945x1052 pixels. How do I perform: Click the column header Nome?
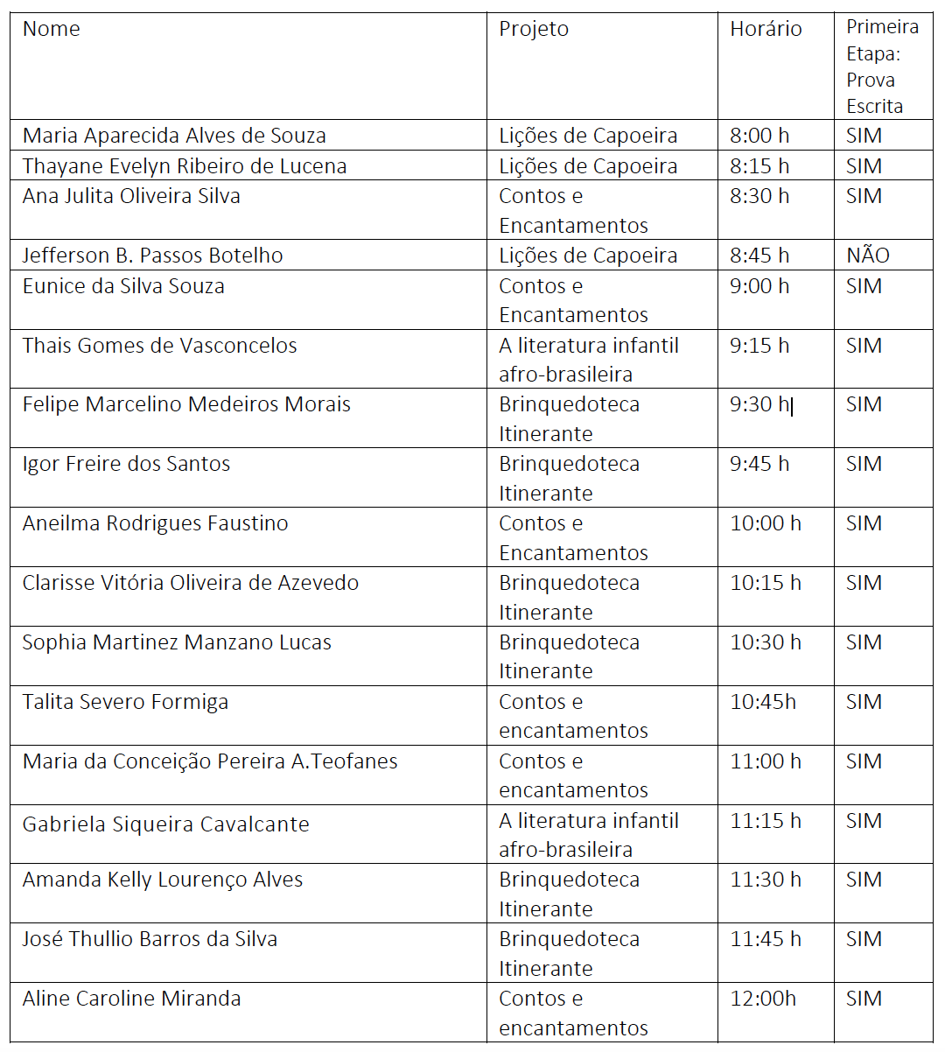point(51,29)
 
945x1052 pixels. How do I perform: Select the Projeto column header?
point(534,29)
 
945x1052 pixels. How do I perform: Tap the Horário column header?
point(766,29)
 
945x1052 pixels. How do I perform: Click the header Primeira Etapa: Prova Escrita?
point(881,67)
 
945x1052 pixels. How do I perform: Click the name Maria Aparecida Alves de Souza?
point(174,136)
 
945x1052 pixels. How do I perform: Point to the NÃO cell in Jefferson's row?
point(867,256)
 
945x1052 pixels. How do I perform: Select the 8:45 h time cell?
point(759,256)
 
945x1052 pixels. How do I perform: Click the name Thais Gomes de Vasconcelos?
point(159,346)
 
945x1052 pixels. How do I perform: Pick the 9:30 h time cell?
point(759,404)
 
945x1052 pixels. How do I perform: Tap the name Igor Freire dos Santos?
point(126,464)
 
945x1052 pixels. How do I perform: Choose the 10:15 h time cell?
point(766,583)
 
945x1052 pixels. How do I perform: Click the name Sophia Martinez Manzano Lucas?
point(177,642)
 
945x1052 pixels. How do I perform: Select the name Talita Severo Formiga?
point(125,702)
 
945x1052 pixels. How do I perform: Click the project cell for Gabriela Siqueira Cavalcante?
point(588,835)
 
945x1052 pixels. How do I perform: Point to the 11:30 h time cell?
point(766,880)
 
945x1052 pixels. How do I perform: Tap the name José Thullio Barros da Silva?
point(150,939)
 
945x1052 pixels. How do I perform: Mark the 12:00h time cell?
point(763,999)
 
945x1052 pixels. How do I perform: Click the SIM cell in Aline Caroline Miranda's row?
point(864,999)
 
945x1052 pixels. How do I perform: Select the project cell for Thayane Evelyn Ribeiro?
point(588,166)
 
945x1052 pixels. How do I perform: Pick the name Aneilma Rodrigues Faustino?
point(155,523)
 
